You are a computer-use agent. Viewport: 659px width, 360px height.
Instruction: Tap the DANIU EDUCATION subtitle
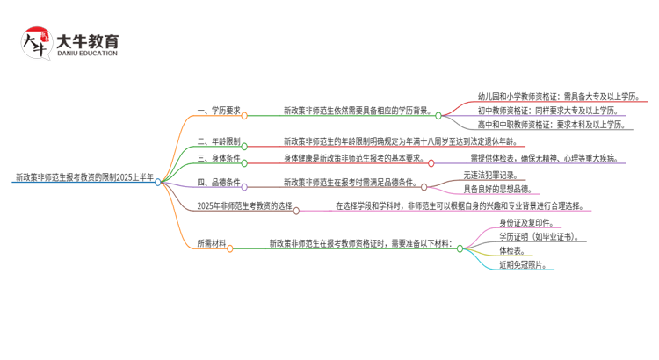[x=87, y=54]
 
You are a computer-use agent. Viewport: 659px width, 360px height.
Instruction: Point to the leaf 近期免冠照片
[x=523, y=265]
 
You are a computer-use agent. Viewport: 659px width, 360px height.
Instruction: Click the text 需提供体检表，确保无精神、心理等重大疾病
[x=545, y=159]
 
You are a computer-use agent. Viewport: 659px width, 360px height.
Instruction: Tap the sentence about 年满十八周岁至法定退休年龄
[x=399, y=140]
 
